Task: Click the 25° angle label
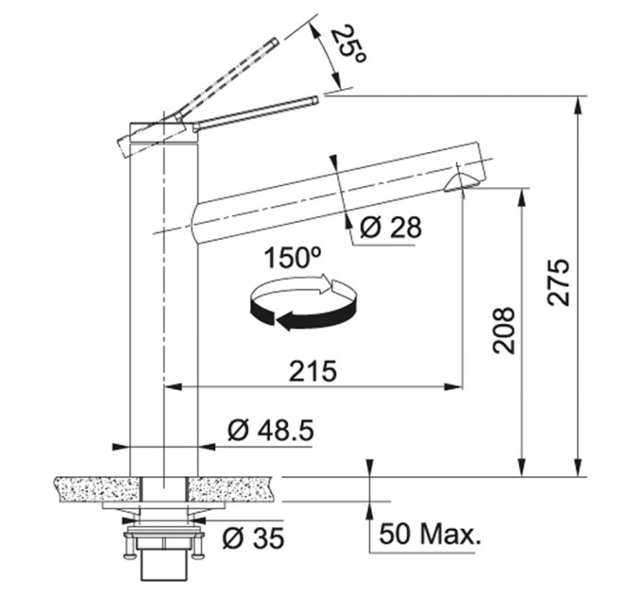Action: coord(346,44)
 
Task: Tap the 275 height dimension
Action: coord(559,281)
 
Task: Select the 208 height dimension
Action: coord(503,331)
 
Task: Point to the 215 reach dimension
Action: coord(313,371)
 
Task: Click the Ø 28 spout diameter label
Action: coord(390,227)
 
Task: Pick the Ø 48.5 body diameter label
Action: coord(271,431)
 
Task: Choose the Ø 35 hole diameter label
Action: coord(253,537)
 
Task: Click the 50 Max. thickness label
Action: coord(429,534)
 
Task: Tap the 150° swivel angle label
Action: coord(293,258)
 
